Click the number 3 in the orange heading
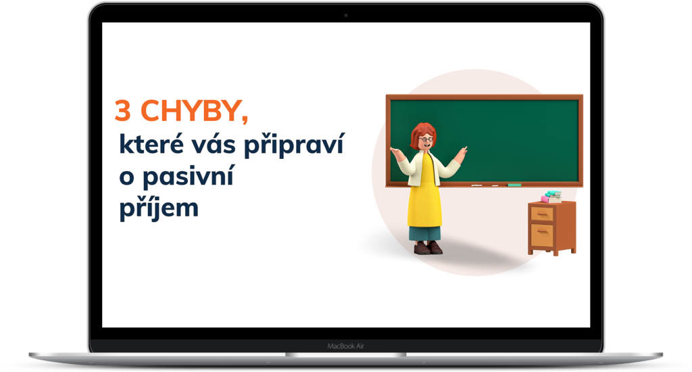click(123, 110)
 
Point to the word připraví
click(293, 145)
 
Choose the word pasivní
click(188, 177)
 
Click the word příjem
click(159, 208)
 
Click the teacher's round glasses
click(426, 139)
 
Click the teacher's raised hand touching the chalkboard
click(461, 154)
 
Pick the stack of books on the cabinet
click(551, 197)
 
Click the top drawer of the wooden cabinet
click(542, 214)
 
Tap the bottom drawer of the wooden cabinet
click(542, 235)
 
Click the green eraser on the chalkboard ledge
click(514, 185)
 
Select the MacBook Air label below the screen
click(345, 346)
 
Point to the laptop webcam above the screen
click(346, 15)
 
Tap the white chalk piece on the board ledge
click(476, 185)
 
